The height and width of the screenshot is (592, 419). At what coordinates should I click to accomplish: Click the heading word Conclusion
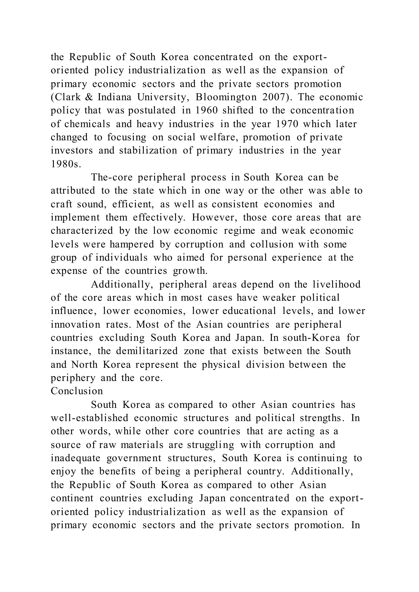77,391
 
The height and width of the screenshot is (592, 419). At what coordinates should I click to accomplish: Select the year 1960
206,111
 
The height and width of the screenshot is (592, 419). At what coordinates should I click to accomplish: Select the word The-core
112,177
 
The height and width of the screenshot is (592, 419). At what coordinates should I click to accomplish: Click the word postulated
152,111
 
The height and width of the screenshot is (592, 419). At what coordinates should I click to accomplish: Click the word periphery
73,378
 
